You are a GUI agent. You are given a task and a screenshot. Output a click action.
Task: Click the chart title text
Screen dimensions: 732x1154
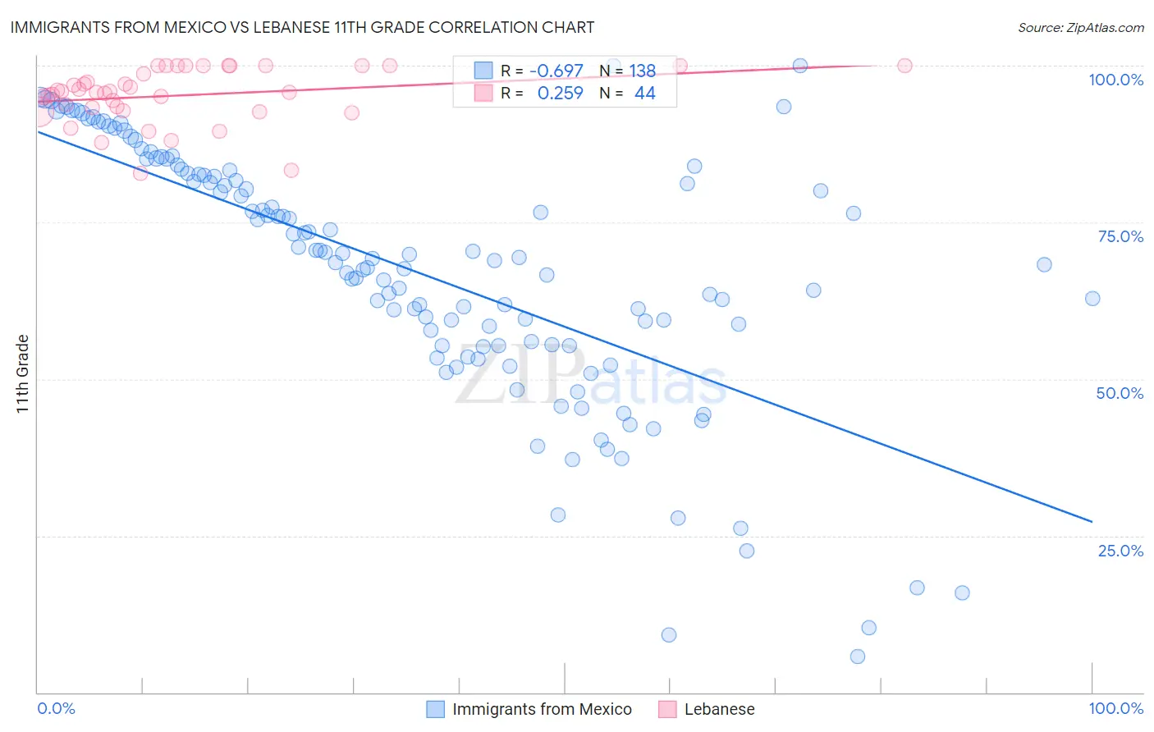[302, 27]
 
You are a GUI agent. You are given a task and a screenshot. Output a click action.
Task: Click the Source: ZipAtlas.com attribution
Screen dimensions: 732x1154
[1080, 27]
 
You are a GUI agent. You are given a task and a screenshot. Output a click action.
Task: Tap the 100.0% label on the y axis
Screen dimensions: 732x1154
[1115, 80]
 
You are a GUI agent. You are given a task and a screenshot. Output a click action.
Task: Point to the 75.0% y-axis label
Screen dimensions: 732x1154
[1120, 236]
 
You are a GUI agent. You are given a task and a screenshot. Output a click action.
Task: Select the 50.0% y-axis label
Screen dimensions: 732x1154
[1120, 393]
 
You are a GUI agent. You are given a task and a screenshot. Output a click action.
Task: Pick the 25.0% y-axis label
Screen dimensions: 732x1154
[1120, 550]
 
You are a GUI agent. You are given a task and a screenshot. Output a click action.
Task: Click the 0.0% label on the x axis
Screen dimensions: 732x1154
[56, 708]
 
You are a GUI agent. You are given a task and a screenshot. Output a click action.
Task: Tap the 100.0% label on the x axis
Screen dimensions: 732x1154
[1115, 708]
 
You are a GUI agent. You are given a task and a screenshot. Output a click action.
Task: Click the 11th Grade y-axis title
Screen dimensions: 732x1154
[22, 374]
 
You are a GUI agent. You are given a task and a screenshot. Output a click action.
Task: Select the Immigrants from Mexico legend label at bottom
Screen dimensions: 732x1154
[542, 709]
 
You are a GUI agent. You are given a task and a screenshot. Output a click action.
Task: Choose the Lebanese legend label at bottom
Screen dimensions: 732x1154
[719, 709]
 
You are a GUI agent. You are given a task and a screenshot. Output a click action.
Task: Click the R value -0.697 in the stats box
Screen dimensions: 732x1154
[556, 71]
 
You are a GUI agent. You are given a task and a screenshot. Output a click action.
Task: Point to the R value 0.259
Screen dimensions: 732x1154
[560, 94]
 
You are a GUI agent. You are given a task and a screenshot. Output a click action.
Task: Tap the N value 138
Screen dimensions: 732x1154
[643, 71]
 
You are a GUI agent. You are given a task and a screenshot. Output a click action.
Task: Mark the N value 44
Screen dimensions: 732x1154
[644, 94]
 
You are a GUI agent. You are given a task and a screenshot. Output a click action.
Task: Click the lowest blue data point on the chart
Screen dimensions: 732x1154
[858, 657]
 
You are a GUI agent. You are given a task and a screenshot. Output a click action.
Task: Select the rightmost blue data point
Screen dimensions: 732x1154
[1092, 299]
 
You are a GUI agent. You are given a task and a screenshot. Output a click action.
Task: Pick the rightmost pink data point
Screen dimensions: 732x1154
[904, 66]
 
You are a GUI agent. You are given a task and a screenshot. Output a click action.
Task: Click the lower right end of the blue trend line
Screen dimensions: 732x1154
[1092, 521]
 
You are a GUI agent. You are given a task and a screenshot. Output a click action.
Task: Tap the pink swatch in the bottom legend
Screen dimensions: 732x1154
[667, 709]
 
